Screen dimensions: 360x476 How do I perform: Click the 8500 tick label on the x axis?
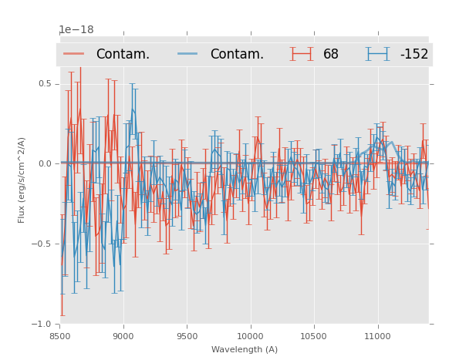pos(59,335)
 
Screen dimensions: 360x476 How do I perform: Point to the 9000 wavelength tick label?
pos(123,335)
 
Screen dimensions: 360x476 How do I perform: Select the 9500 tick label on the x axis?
pos(187,335)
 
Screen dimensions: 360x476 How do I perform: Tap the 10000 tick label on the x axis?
pos(250,335)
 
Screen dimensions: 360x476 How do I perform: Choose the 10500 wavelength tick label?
pos(314,335)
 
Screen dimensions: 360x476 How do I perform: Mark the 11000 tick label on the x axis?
pos(377,335)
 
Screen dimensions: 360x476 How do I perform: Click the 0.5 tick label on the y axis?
pos(45,83)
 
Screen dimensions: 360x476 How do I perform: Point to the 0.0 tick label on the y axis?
pos(45,163)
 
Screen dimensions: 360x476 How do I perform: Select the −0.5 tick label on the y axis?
pos(42,244)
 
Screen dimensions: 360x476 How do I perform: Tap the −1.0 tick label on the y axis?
pos(42,324)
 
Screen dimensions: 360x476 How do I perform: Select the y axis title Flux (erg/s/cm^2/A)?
pos(22,180)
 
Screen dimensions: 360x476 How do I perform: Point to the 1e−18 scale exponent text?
pos(76,30)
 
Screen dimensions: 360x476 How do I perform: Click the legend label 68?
pos(331,54)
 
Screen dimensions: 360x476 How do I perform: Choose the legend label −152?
pos(414,54)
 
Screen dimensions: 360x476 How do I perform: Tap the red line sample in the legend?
pos(74,54)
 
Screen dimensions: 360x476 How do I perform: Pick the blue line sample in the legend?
pos(188,54)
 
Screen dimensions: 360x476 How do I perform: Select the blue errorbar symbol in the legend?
pos(378,54)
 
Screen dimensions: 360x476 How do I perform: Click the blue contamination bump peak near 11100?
pos(391,142)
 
